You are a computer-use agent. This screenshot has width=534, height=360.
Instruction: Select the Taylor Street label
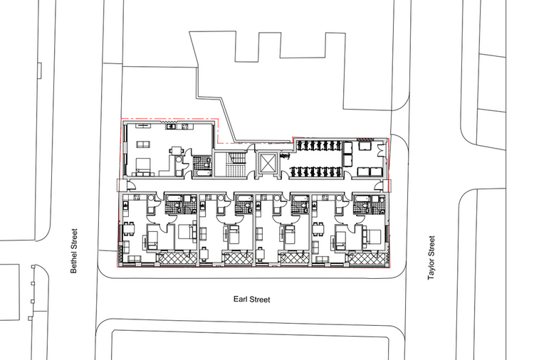click(x=431, y=257)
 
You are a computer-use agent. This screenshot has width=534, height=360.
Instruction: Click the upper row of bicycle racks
click(x=317, y=146)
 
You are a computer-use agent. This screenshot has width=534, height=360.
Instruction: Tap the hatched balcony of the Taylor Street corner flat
click(x=369, y=259)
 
